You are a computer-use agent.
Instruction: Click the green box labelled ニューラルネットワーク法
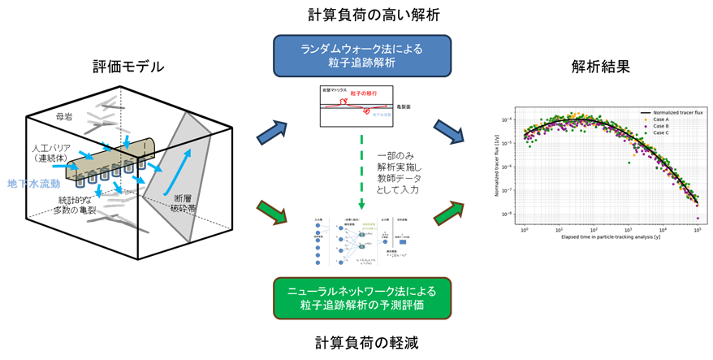[x=361, y=297]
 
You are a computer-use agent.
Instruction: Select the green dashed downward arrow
[x=361, y=171]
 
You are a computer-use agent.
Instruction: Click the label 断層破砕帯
[x=184, y=203]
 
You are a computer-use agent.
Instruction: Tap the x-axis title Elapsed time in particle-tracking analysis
[x=609, y=238]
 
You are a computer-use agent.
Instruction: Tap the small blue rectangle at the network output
[x=403, y=242]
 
